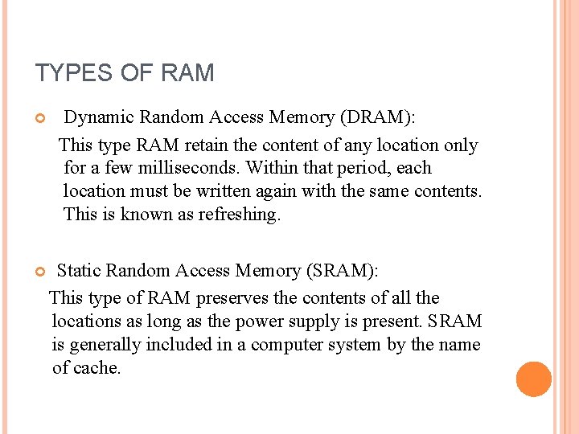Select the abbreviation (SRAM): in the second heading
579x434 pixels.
tap(339, 271)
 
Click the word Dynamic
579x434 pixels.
tap(99, 117)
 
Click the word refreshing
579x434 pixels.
tap(240, 215)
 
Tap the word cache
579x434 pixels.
tap(97, 368)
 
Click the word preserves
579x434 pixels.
tap(232, 298)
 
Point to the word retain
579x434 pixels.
tap(209, 145)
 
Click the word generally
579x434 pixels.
tap(107, 345)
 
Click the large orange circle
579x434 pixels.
tap(534, 379)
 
